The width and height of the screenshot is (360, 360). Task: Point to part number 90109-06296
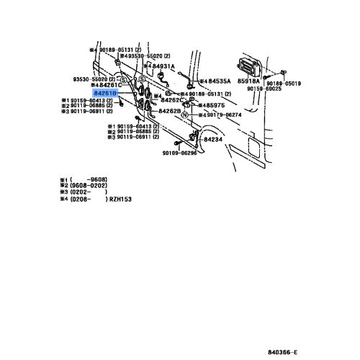click(x=180, y=153)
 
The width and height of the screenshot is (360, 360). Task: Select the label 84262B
click(x=169, y=111)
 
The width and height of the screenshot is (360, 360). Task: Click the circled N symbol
click(x=185, y=115)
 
